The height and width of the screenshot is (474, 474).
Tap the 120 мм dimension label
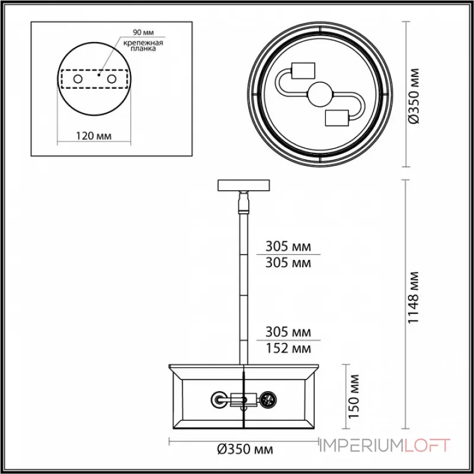pyautogui.click(x=95, y=136)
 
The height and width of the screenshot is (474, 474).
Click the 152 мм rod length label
pyautogui.click(x=289, y=348)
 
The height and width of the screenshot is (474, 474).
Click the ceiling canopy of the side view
pyautogui.click(x=244, y=185)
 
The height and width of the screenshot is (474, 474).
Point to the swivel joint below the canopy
pyautogui.click(x=244, y=203)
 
